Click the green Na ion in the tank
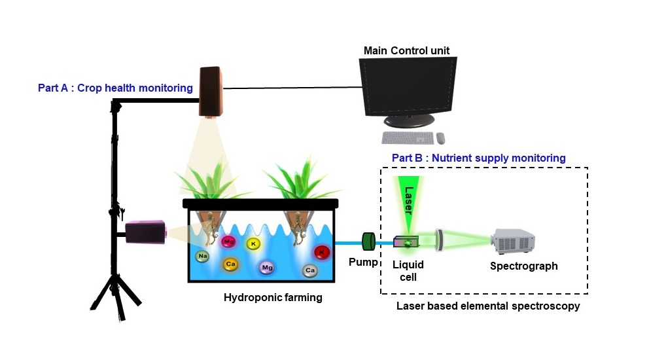(x=203, y=256)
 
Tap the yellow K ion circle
(x=253, y=243)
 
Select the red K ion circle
(x=321, y=252)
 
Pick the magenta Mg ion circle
(x=228, y=242)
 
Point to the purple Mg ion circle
(x=266, y=267)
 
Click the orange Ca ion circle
(x=230, y=264)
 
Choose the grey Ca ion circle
(x=310, y=270)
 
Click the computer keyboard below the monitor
(x=408, y=138)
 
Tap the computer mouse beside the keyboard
(x=440, y=138)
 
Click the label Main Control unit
(x=407, y=50)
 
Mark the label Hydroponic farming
(x=273, y=298)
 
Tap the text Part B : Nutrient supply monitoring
(x=478, y=158)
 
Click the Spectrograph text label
(x=523, y=266)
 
